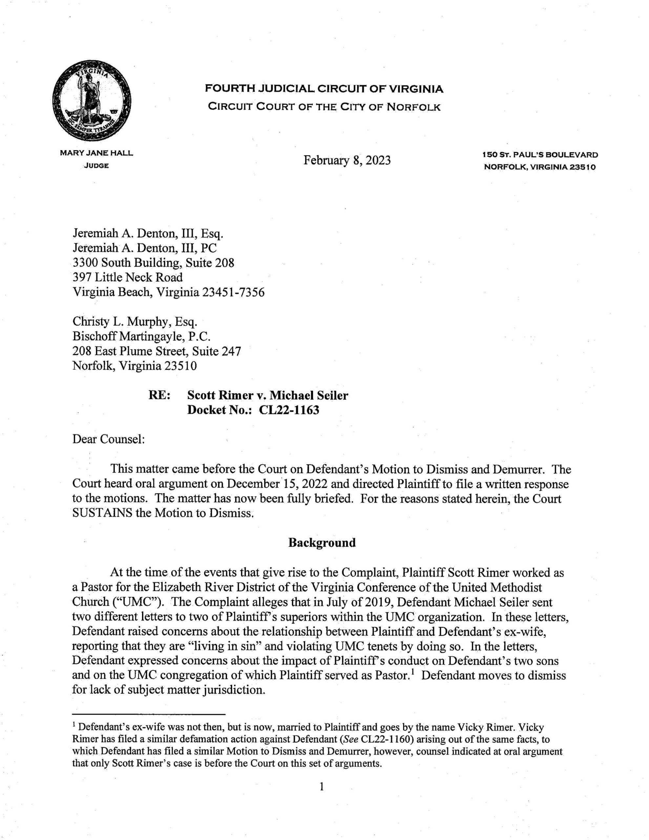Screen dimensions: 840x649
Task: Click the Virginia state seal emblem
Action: pyautogui.click(x=91, y=101)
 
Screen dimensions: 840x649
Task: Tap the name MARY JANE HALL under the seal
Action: pyautogui.click(x=96, y=153)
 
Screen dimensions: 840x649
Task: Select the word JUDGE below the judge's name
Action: pyautogui.click(x=96, y=166)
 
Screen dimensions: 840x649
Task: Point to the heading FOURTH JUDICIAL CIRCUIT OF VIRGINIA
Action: pyautogui.click(x=324, y=89)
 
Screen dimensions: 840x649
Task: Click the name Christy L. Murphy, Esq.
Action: pyautogui.click(x=135, y=322)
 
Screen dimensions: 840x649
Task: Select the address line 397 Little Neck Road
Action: pyautogui.click(x=127, y=277)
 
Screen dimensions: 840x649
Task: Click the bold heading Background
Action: pyautogui.click(x=322, y=543)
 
